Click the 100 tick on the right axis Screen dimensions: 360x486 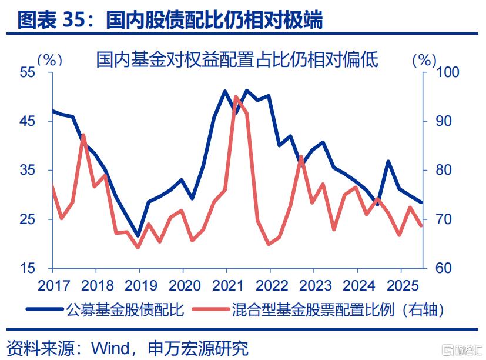point(444,72)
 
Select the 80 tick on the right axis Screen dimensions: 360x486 point(440,171)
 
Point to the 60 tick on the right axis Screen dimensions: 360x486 point(440,269)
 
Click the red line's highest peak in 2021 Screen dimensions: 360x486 point(236,96)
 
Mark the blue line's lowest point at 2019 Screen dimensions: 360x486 point(139,236)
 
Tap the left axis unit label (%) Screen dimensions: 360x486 point(49,59)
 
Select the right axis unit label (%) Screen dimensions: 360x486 point(424,59)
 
